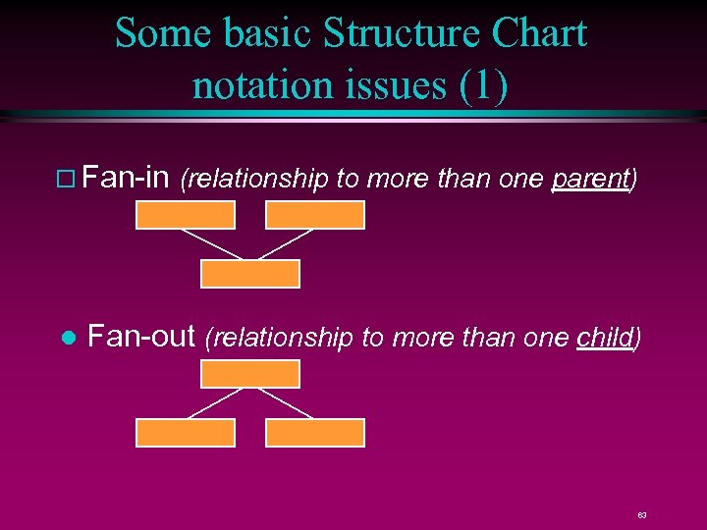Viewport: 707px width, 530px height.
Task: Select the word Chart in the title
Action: [x=538, y=33]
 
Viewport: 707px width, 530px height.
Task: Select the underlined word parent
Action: [x=591, y=180]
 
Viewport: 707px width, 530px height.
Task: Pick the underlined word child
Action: [x=605, y=338]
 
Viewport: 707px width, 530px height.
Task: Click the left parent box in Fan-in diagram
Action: [x=185, y=215]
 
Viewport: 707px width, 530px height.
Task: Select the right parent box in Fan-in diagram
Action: [x=315, y=215]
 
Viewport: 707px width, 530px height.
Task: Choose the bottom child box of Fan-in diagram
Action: [x=249, y=274]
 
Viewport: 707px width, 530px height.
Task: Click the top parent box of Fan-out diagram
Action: [x=249, y=374]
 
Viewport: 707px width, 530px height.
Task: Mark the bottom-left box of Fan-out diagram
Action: [x=185, y=433]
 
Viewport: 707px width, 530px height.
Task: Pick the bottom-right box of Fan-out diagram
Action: [x=315, y=433]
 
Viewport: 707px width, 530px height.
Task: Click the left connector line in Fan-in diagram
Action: [x=211, y=244]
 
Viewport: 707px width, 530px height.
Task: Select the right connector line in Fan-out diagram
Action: [x=285, y=402]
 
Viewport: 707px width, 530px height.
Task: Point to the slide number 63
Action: [x=641, y=514]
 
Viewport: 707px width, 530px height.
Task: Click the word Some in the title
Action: [x=157, y=33]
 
